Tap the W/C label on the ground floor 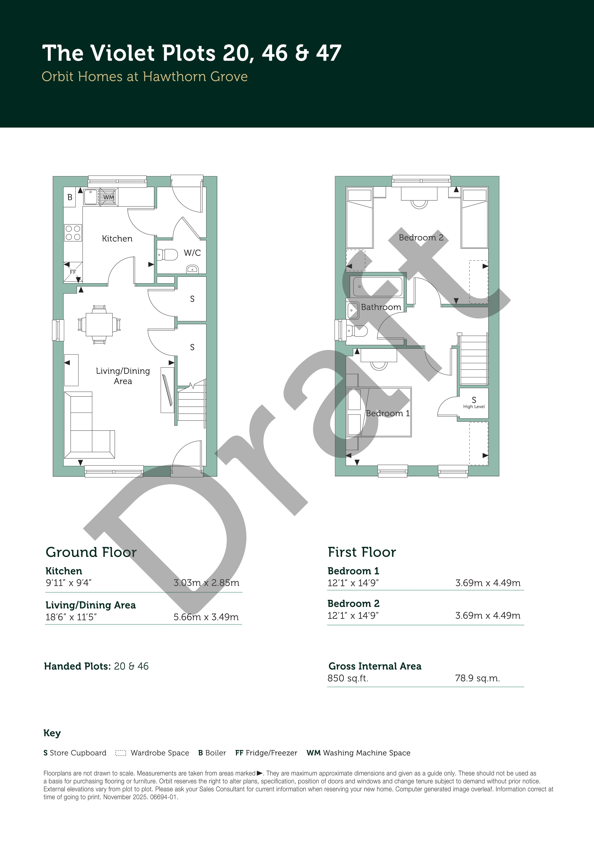click(x=192, y=253)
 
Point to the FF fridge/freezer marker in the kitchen click(x=73, y=272)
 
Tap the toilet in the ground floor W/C click(x=168, y=254)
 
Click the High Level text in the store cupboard click(x=474, y=407)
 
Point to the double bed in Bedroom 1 click(x=379, y=412)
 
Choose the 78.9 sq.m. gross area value click(x=477, y=678)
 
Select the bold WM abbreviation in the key click(x=314, y=753)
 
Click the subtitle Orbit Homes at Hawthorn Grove click(x=145, y=77)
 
